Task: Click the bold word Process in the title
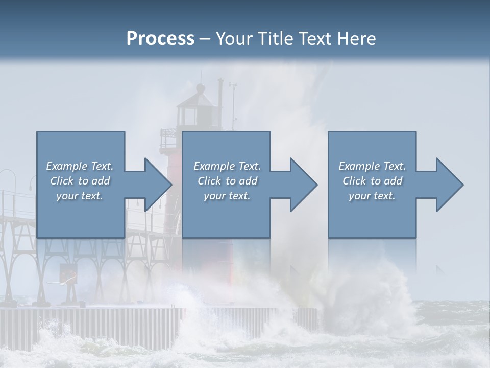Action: pos(160,39)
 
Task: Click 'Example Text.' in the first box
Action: pos(80,166)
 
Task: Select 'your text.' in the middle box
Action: pos(227,196)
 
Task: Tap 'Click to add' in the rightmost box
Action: pos(372,181)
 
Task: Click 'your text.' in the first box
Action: pos(80,196)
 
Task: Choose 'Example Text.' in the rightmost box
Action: pos(372,166)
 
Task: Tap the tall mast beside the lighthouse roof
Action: pos(220,102)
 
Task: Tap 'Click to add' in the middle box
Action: pos(227,181)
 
